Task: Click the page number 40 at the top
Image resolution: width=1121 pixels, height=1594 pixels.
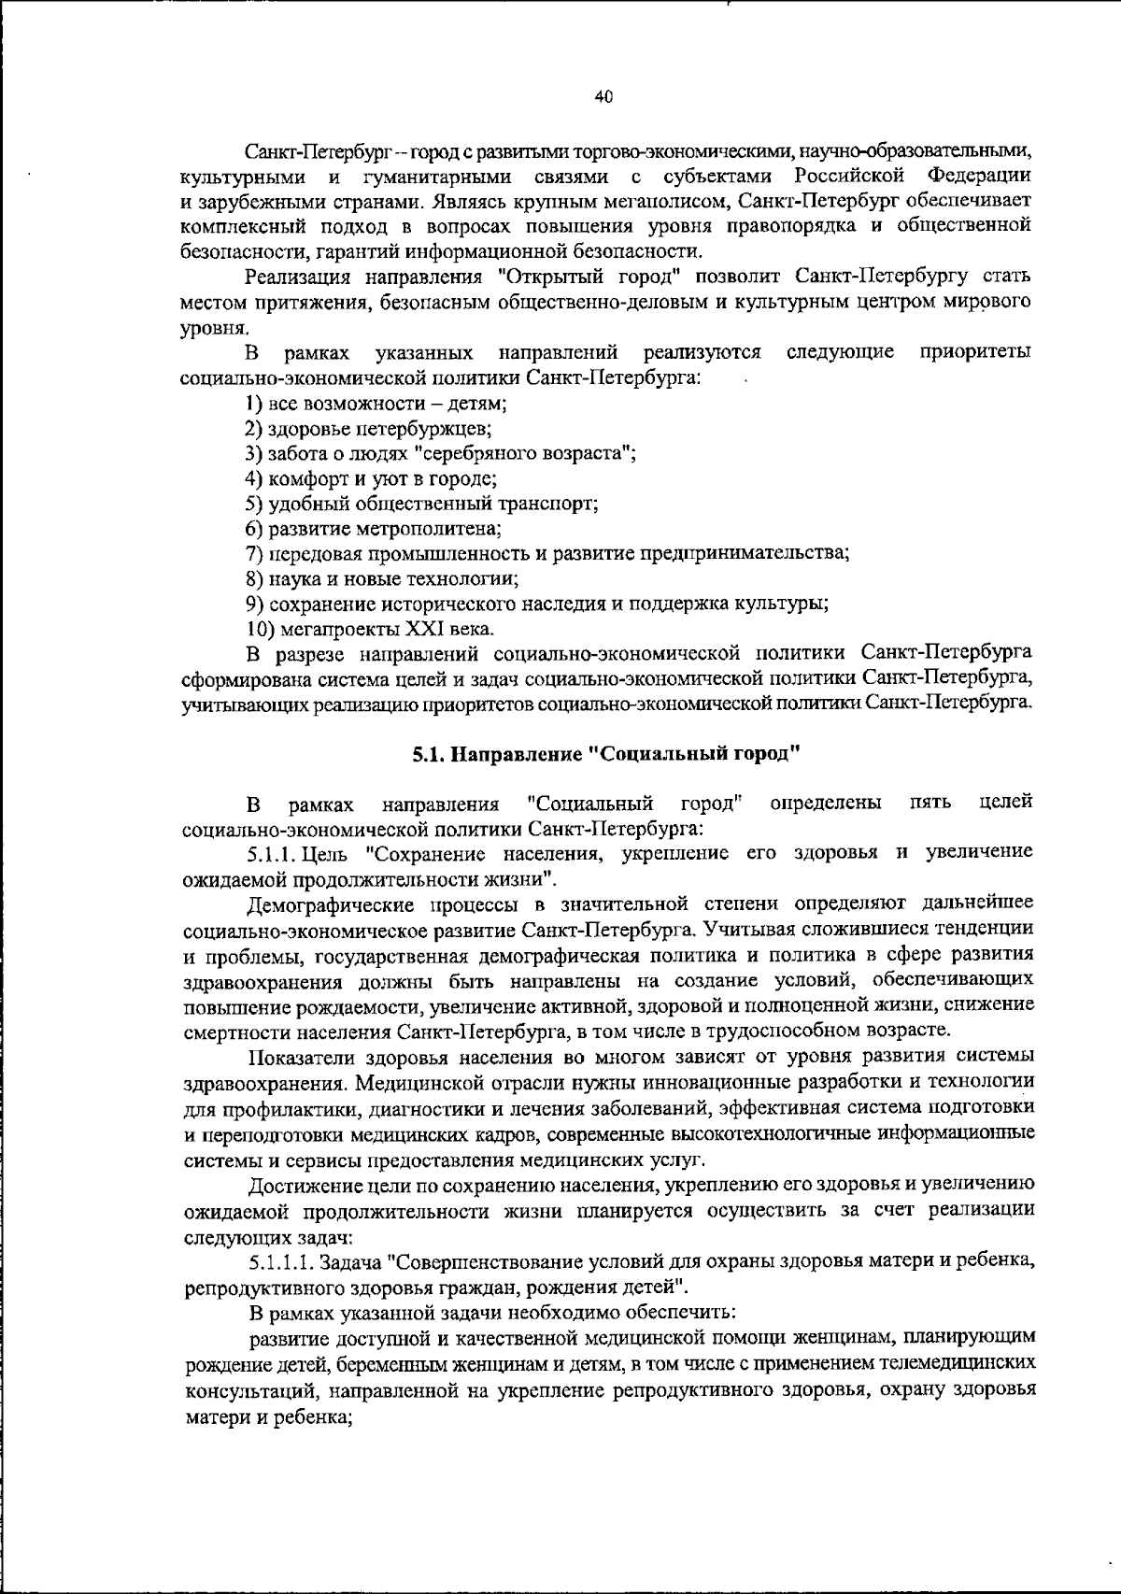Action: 603,96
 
